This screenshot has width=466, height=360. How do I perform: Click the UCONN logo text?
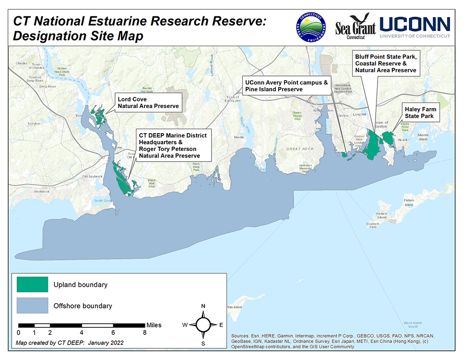tap(415, 24)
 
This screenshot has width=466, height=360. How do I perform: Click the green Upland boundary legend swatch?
tap(32, 284)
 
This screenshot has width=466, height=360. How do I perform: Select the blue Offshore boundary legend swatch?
tap(32, 306)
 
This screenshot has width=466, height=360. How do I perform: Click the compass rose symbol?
tap(203, 325)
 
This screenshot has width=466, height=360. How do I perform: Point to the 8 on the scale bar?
tap(145, 333)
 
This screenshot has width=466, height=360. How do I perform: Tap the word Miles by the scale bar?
tap(154, 325)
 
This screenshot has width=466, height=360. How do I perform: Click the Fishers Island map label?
tap(409, 203)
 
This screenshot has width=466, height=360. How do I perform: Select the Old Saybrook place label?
tap(91, 177)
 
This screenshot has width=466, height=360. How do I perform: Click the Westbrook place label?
tap(41, 191)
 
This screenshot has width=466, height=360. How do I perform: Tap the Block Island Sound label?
tap(412, 324)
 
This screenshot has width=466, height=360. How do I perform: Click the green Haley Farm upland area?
tap(388, 138)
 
